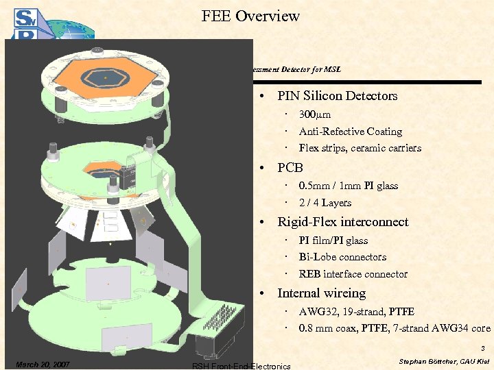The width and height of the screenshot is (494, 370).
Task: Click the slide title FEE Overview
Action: point(250,16)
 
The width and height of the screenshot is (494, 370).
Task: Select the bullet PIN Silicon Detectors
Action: point(337,96)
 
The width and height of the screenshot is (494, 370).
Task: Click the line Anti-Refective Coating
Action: point(350,132)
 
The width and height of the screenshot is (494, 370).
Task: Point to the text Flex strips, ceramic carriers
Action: point(360,148)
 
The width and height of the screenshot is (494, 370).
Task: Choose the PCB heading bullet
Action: point(290,168)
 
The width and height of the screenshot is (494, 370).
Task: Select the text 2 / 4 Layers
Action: point(325,203)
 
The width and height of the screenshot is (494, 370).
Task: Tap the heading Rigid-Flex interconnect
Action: point(342,222)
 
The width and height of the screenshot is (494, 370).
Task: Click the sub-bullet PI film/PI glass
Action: point(333,241)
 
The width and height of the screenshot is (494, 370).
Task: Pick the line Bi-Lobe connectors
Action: point(342,257)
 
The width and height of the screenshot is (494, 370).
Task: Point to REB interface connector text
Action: point(353,274)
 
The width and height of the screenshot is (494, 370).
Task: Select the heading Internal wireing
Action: point(321,293)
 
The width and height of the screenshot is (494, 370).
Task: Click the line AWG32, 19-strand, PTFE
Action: point(356,312)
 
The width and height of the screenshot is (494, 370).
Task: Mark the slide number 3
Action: point(483,348)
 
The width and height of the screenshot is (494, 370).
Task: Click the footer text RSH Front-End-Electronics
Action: point(242,366)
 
